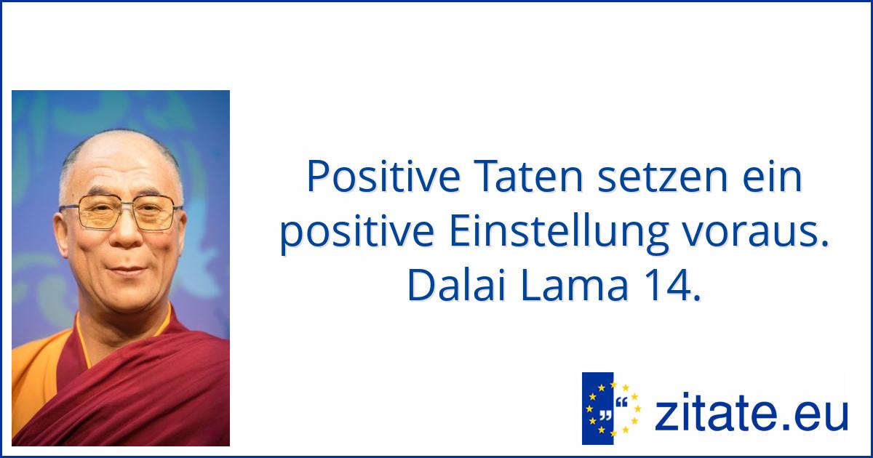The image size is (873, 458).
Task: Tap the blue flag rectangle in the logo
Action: (x=597, y=409)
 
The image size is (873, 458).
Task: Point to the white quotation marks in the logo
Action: (x=605, y=417)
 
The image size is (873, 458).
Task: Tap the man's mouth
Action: (x=127, y=270)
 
